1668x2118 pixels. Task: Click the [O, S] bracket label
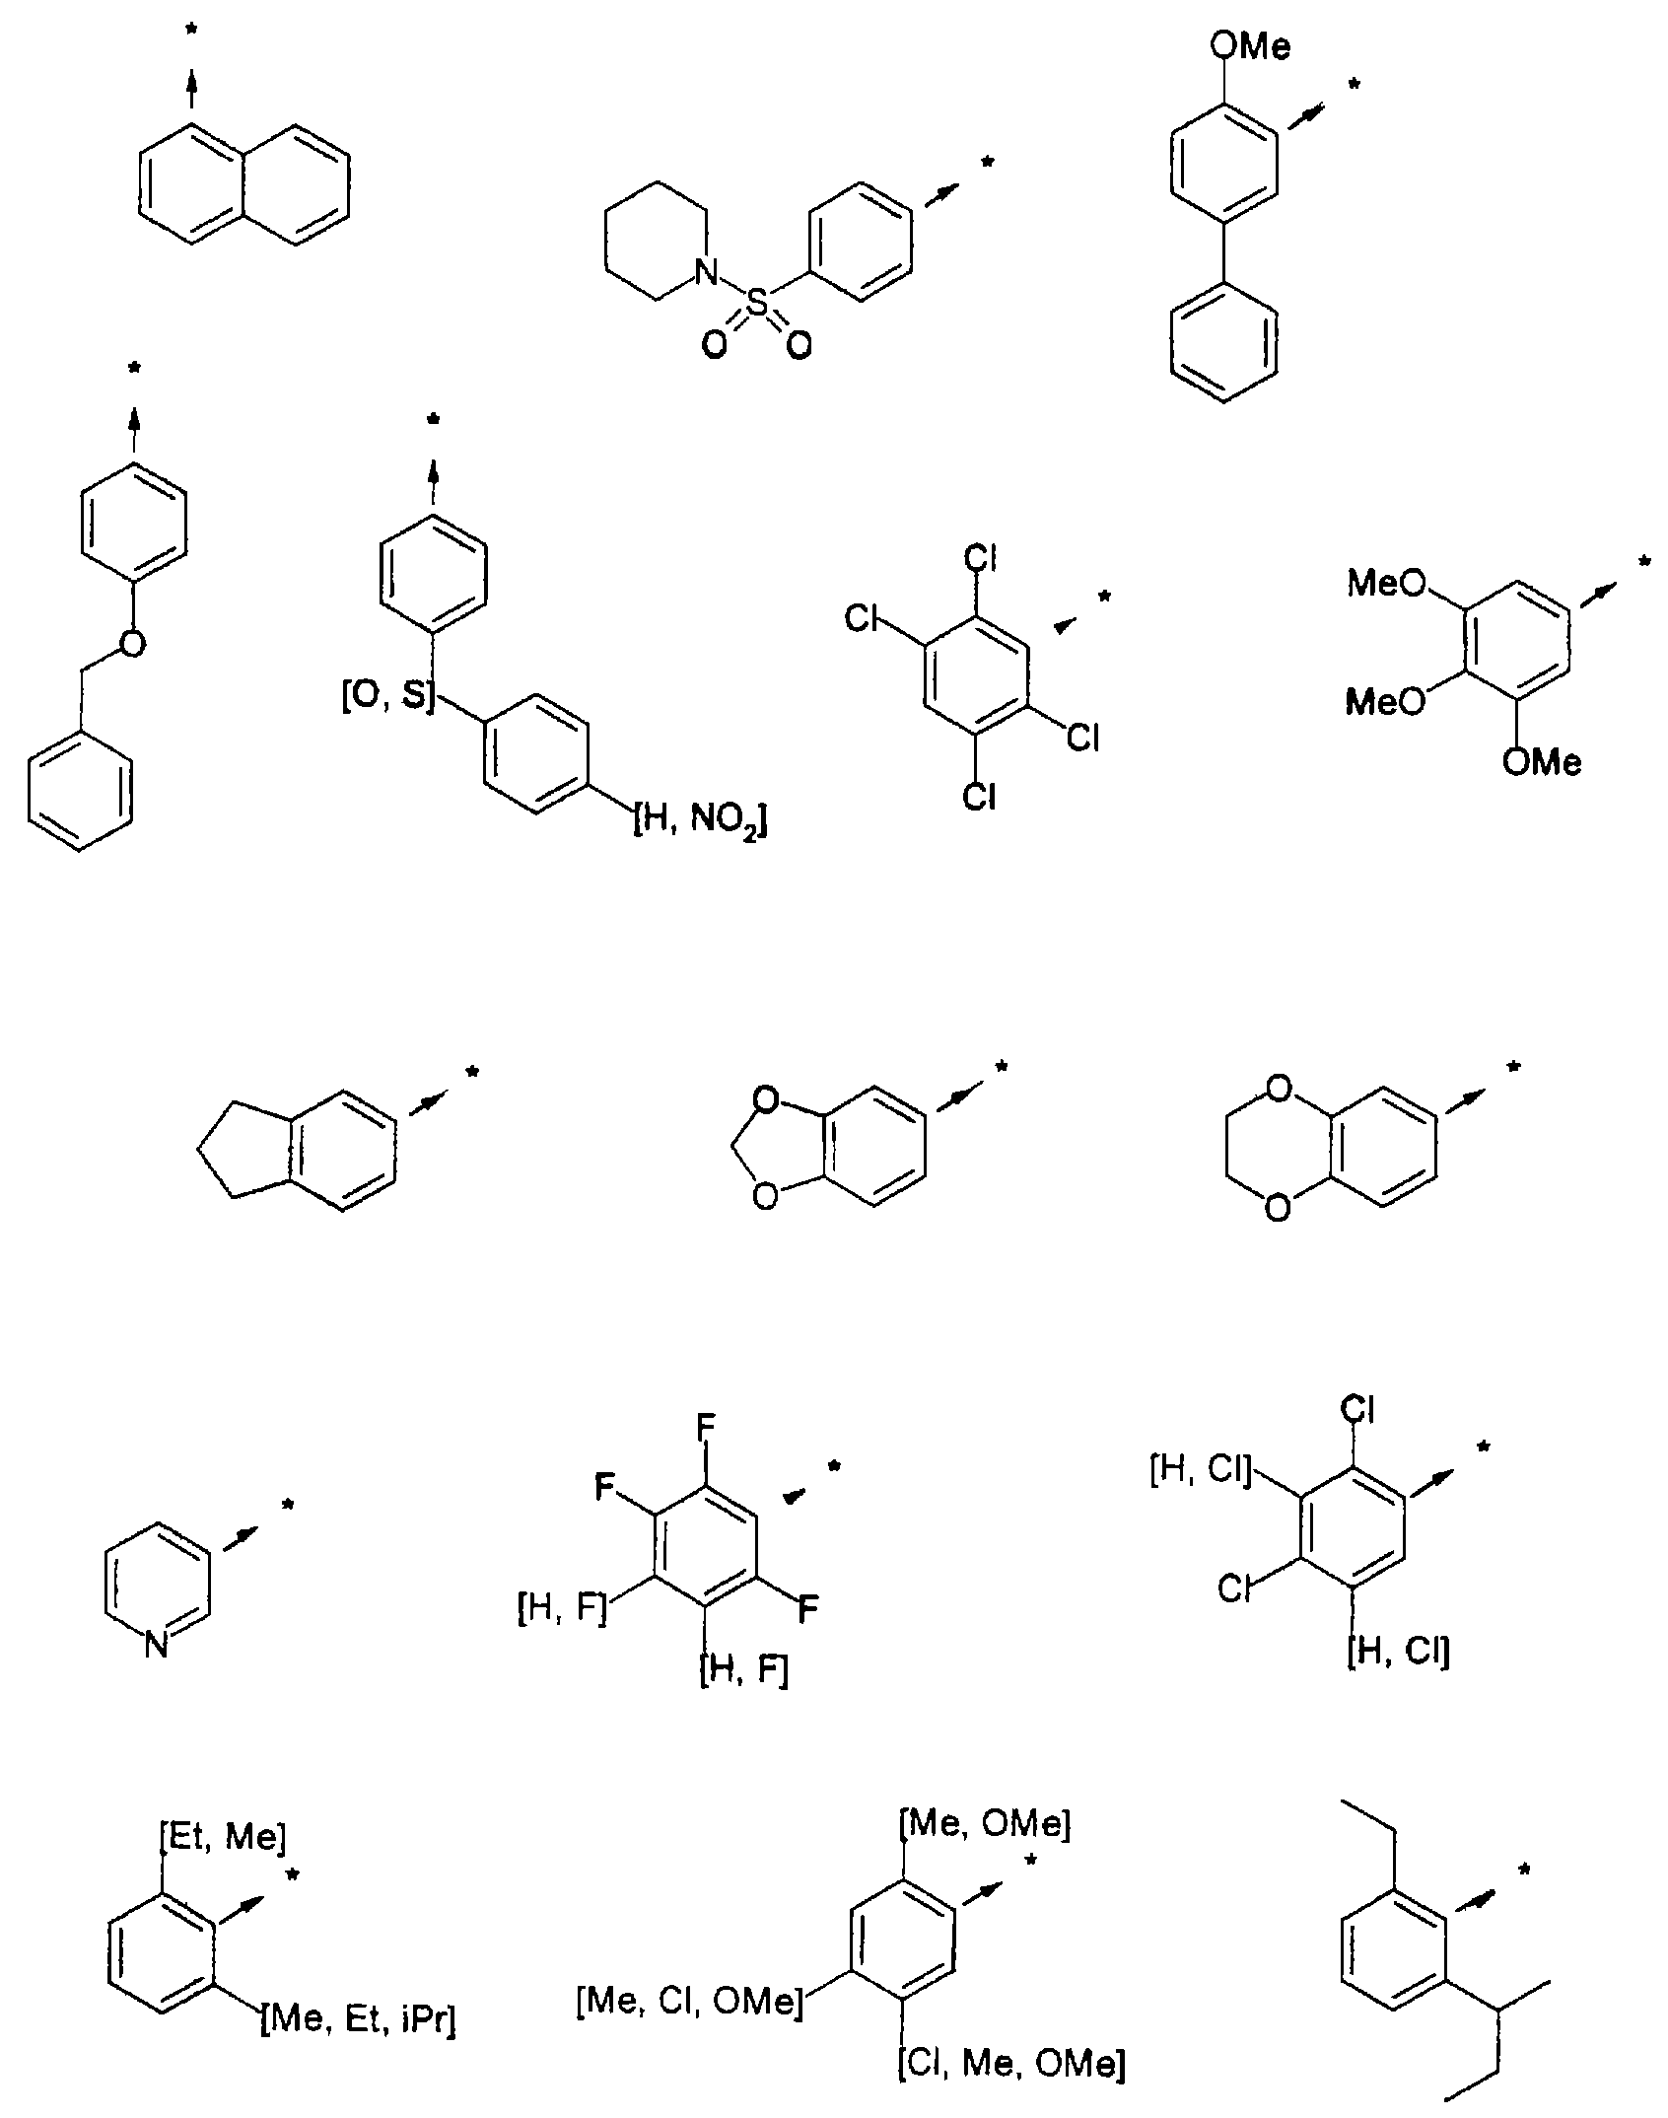(387, 697)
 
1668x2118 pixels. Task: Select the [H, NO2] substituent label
(699, 819)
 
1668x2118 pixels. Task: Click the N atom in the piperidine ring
(705, 272)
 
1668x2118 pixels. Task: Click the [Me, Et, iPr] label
(357, 2021)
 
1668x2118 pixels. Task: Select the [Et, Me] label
(222, 1836)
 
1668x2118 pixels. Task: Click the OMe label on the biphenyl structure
(1249, 46)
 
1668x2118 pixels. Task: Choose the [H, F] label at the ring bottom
(744, 1670)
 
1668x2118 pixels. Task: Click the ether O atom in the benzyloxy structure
(132, 643)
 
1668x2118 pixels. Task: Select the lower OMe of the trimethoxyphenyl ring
(1542, 761)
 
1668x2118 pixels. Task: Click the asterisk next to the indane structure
(472, 1073)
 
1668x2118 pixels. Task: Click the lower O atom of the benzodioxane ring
(1277, 1207)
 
